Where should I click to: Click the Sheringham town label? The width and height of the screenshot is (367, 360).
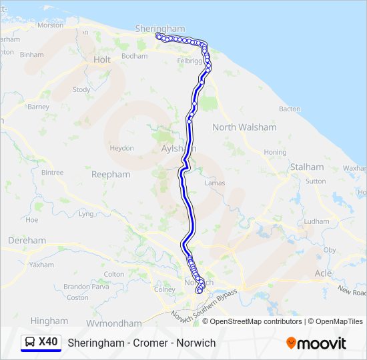[x=159, y=29]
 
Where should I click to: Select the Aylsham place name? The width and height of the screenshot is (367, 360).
[x=176, y=149]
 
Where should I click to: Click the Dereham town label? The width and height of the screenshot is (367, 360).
[x=27, y=240]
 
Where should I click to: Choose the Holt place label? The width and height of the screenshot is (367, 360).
[x=102, y=59]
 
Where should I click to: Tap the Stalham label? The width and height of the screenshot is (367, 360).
[x=306, y=167]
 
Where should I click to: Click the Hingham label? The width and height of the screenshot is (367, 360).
[x=49, y=320]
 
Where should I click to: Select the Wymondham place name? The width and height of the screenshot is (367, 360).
[x=113, y=323]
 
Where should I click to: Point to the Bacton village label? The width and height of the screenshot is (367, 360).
[x=290, y=109]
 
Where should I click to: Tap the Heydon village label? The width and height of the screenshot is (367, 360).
[x=122, y=148]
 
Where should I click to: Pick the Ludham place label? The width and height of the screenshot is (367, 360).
[x=316, y=221]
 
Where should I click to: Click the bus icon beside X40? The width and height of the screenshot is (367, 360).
[x=31, y=343]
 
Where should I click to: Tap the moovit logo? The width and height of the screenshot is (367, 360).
[x=316, y=343]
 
